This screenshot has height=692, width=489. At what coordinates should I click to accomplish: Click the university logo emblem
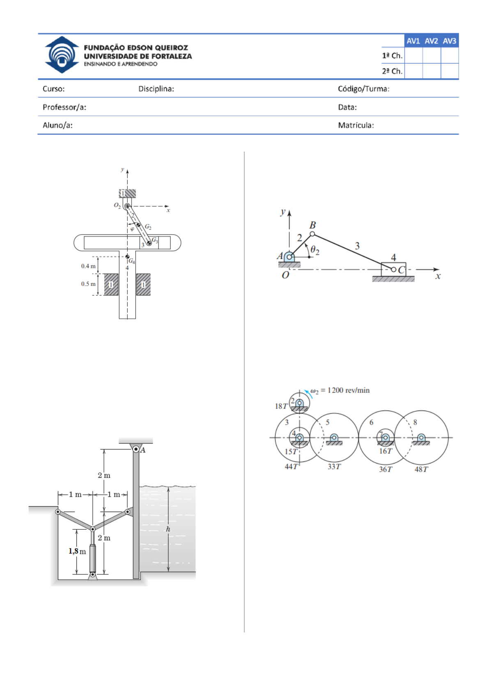[62, 55]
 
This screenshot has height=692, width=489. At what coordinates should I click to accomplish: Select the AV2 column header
[431, 41]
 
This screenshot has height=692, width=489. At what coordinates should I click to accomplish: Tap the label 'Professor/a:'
[64, 107]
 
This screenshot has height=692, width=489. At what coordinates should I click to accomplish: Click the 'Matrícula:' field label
[356, 125]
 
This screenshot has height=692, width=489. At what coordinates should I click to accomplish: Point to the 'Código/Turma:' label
[363, 89]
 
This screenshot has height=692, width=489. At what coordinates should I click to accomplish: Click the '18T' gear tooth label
[281, 406]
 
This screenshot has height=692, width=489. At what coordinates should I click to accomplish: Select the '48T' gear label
[421, 469]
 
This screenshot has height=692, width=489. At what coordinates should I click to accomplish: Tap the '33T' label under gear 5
[334, 466]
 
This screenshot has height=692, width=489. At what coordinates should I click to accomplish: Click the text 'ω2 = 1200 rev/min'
[340, 390]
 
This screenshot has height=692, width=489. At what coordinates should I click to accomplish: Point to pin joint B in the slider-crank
[312, 234]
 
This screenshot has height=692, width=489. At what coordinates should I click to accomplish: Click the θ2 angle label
[315, 249]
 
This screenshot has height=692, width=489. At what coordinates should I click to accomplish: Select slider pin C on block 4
[393, 270]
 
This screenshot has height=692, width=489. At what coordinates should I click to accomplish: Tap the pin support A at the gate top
[136, 449]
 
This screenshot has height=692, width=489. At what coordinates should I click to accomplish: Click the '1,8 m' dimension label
[77, 551]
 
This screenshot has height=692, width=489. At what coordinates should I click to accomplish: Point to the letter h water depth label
[168, 529]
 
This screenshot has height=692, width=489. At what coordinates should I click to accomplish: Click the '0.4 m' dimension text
[88, 266]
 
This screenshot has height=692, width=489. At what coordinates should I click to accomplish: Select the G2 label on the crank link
[148, 227]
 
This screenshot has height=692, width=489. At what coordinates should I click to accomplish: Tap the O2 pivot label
[117, 205]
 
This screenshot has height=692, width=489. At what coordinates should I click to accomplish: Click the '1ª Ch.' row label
[392, 56]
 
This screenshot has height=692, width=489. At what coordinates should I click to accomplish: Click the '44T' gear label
[292, 466]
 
